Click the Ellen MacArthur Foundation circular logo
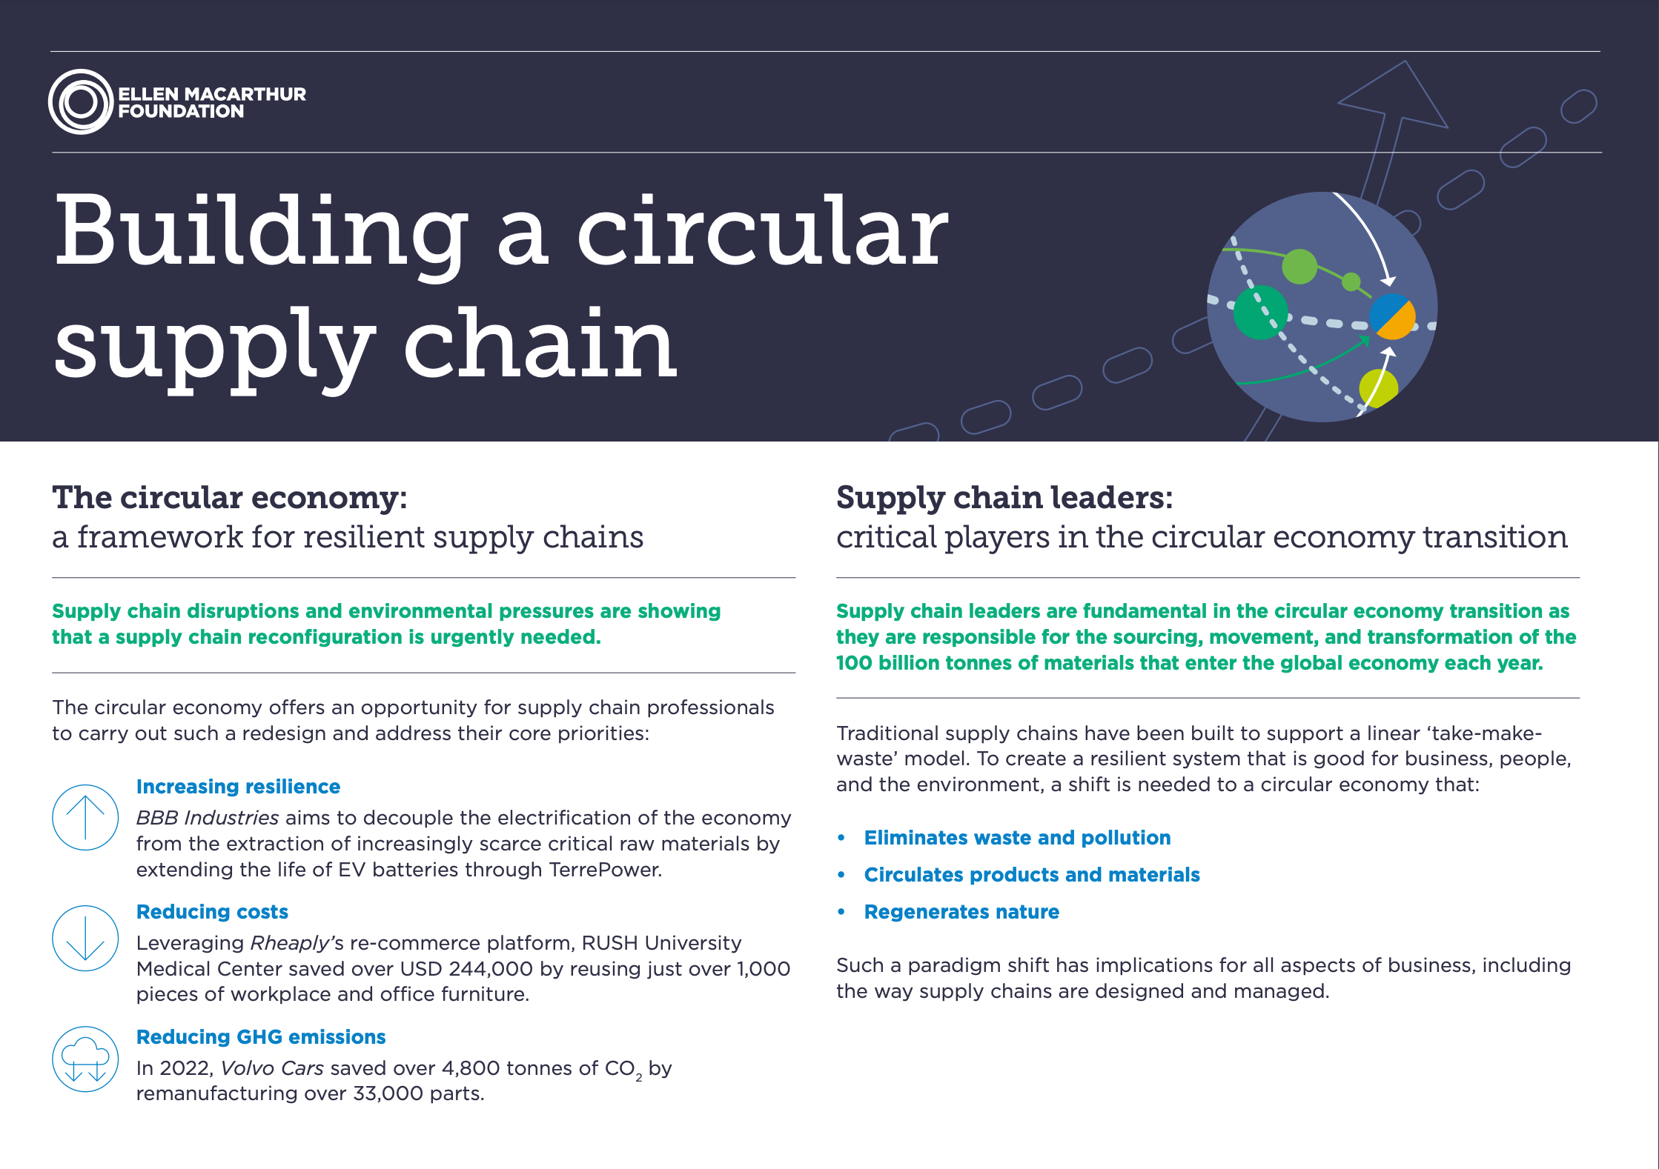81,101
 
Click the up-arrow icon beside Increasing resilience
85,817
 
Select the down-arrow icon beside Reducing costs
85,938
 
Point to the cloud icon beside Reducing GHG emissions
85,1059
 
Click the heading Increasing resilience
238,787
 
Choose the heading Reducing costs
212,912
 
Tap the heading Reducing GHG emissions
261,1037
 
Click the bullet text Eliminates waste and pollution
1017,838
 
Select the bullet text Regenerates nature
961,912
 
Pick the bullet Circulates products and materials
1031,875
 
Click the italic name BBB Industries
208,818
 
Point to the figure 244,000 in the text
491,969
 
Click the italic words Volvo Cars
272,1068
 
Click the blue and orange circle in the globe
1392,316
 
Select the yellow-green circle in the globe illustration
1378,387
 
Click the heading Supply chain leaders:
1004,498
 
